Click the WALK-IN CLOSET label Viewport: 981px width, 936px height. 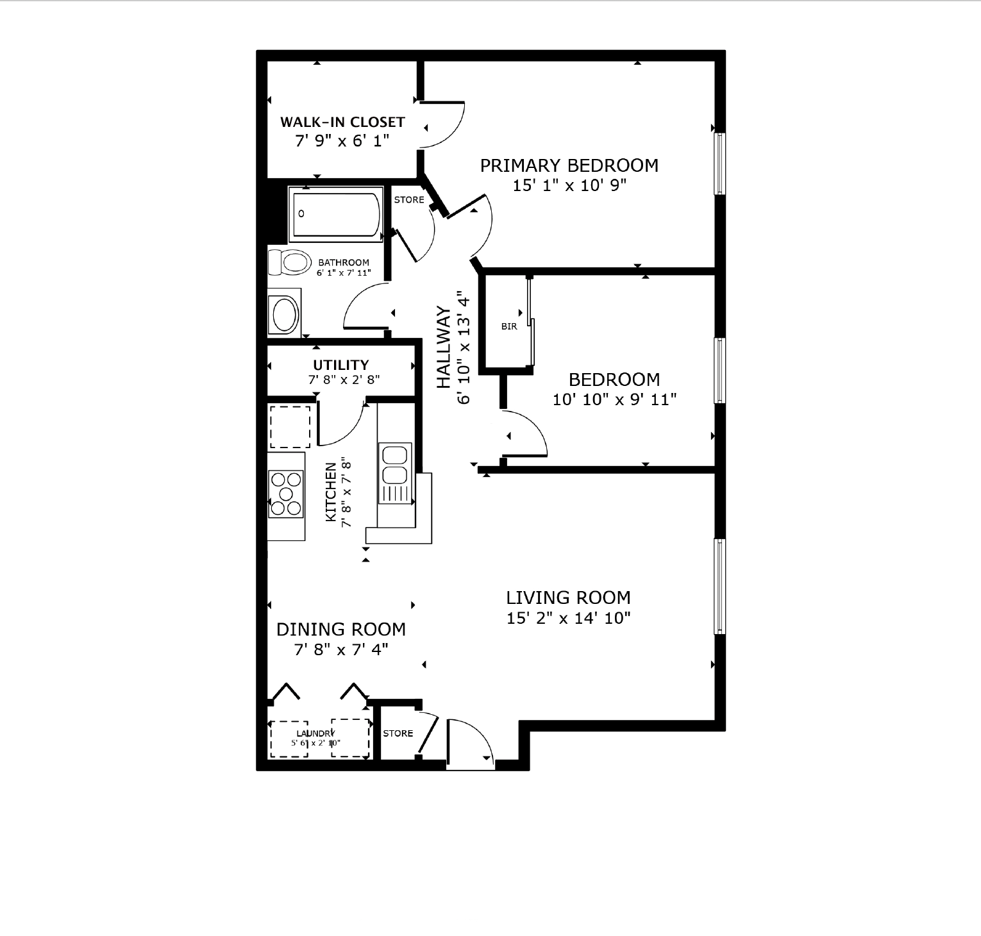coord(342,122)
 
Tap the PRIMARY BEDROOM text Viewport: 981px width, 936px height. coord(569,165)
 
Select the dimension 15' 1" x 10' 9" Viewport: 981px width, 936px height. coord(569,186)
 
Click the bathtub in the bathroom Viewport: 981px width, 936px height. coord(336,215)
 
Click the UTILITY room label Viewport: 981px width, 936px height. coord(341,365)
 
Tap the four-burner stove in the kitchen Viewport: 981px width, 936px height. coord(286,494)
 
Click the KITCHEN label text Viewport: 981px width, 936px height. coord(331,492)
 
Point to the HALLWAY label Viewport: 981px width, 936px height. coord(444,347)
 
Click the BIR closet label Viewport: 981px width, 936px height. coord(509,326)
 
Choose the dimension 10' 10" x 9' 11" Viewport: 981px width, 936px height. coord(615,399)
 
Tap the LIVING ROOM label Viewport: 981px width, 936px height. coord(569,598)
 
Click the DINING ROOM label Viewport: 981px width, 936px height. coord(341,630)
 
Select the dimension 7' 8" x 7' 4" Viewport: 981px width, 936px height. coord(341,649)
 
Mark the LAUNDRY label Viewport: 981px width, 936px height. coord(315,733)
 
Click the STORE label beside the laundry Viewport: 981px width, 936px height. coord(398,733)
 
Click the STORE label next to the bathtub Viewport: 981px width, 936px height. coord(409,199)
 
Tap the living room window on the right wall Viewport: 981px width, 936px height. coord(720,587)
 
